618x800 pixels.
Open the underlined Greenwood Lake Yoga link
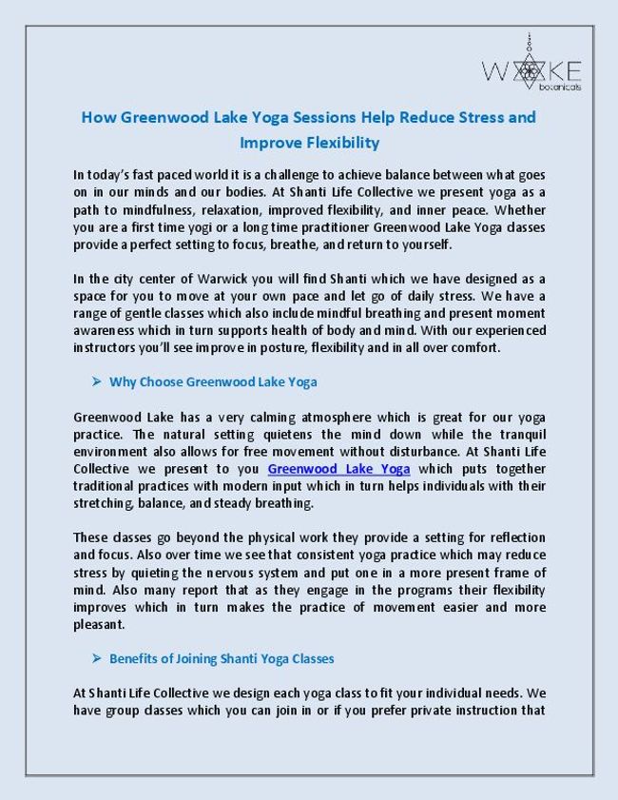click(338, 469)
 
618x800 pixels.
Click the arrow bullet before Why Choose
click(96, 382)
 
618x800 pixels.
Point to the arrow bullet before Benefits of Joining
click(96, 658)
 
